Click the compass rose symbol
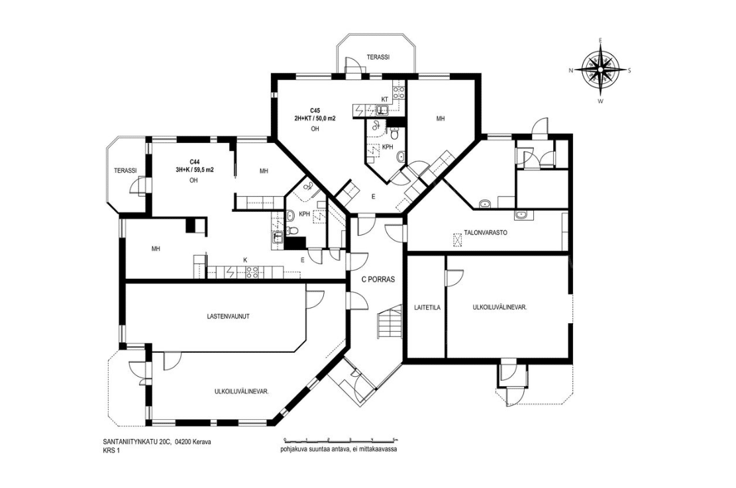(x=600, y=70)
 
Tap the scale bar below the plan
(x=341, y=440)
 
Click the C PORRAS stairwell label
(x=378, y=279)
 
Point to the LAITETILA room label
(x=427, y=309)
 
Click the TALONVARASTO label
(x=486, y=232)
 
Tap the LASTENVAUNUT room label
(x=228, y=317)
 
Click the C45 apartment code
(x=315, y=111)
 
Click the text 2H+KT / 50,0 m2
(x=315, y=119)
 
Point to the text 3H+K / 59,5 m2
(x=194, y=170)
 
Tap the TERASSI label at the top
(x=378, y=57)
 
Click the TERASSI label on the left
(x=125, y=171)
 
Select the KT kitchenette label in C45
(x=384, y=99)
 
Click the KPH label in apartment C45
(x=388, y=147)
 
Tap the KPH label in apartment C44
(x=305, y=214)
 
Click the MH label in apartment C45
(x=440, y=119)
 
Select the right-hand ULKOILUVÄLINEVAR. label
(x=500, y=308)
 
